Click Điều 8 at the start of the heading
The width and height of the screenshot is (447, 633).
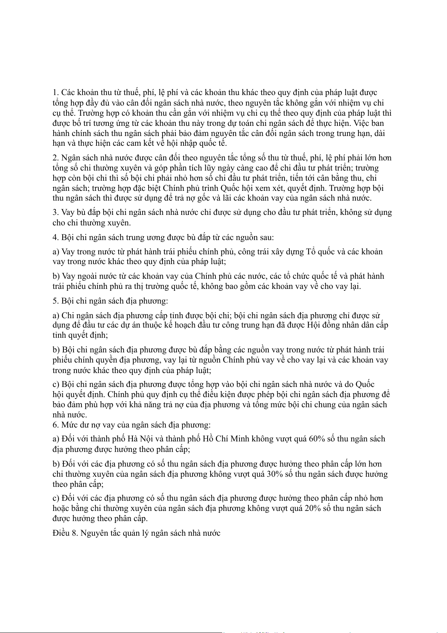tap(65, 533)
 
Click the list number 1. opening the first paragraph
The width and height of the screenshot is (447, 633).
tap(56, 92)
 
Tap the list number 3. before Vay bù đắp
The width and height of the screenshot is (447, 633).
tap(56, 212)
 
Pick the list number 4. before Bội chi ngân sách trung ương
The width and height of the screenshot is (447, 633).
tap(56, 237)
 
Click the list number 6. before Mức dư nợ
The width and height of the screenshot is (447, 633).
tap(56, 425)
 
